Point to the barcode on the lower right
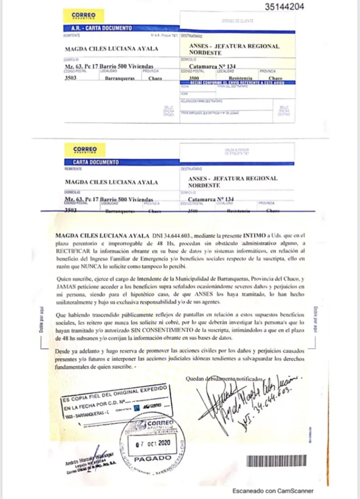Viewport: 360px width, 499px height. pyautogui.click(x=278, y=461)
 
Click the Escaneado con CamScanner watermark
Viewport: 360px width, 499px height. pyautogui.click(x=273, y=491)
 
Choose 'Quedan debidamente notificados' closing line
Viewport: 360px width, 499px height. pyautogui.click(x=225, y=379)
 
